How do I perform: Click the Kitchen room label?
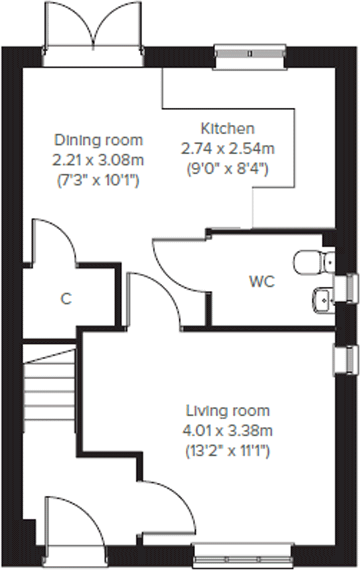pyautogui.click(x=228, y=129)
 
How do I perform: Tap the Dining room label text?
pyautogui.click(x=98, y=140)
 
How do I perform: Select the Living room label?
pyautogui.click(x=228, y=411)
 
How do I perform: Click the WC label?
pyautogui.click(x=262, y=282)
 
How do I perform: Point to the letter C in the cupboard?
pyautogui.click(x=66, y=299)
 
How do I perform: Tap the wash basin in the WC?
pyautogui.click(x=321, y=299)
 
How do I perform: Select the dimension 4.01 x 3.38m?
pyautogui.click(x=228, y=431)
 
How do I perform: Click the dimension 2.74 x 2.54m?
pyautogui.click(x=228, y=148)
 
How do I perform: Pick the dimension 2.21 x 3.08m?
pyautogui.click(x=98, y=160)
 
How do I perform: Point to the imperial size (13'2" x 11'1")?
pyautogui.click(x=228, y=451)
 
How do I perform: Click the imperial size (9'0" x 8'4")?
pyautogui.click(x=228, y=169)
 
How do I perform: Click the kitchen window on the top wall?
pyautogui.click(x=250, y=54)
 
